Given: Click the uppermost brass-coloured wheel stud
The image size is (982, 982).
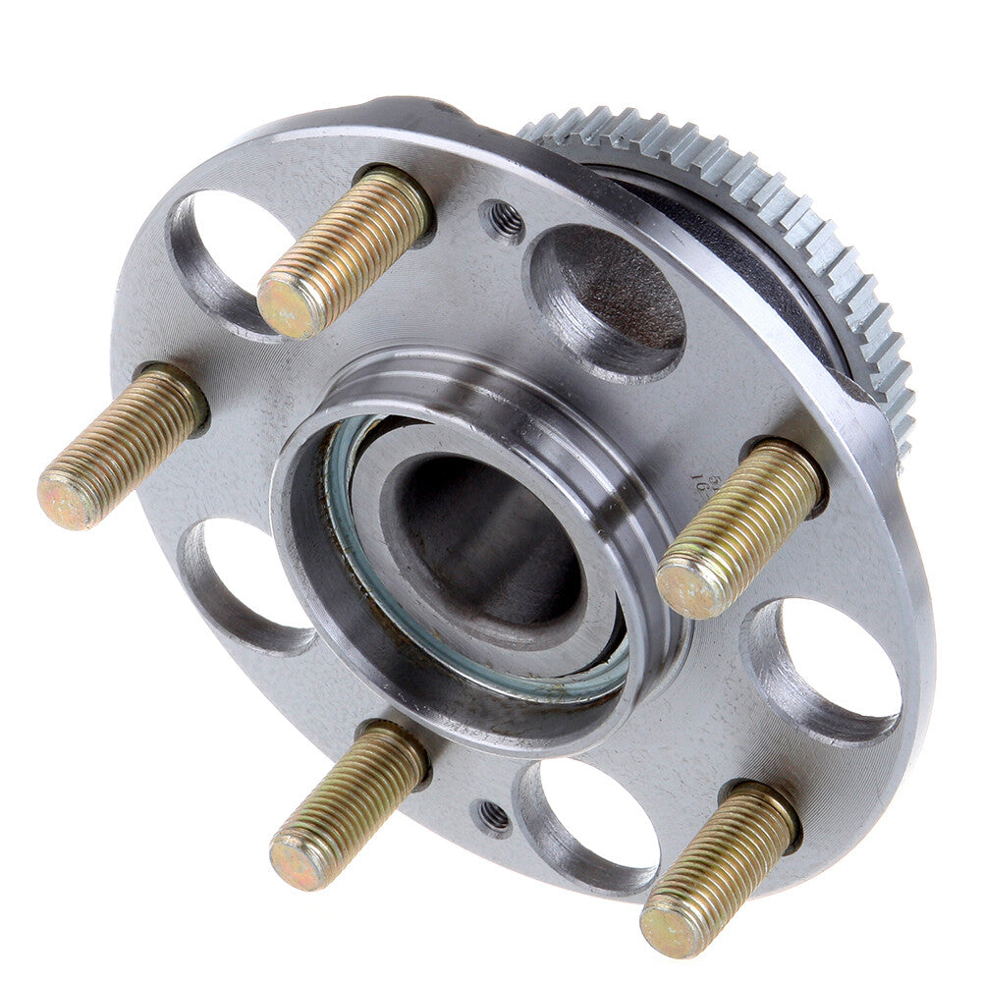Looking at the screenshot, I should click(344, 252).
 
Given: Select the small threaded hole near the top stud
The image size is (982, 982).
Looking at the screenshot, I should click(505, 221).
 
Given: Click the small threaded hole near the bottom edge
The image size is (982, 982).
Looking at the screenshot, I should click(494, 815).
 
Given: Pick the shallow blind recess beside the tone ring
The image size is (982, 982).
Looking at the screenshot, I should click(609, 295).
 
